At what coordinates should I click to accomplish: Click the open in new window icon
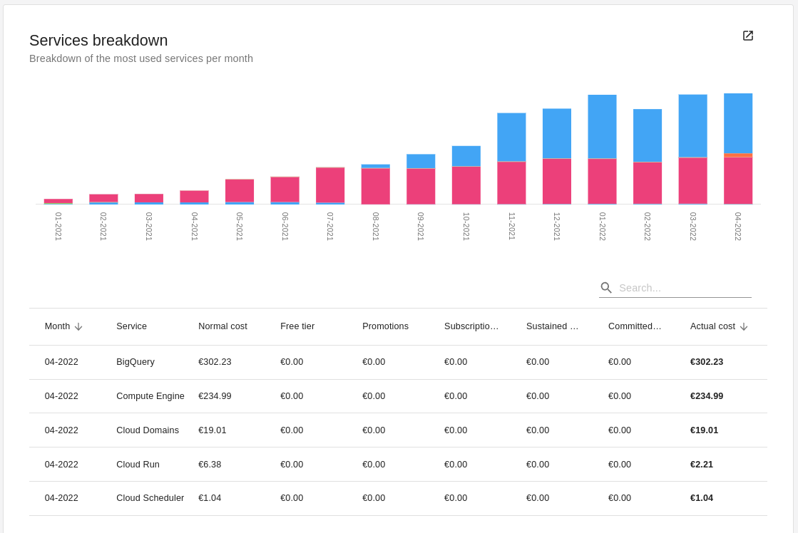pos(747,36)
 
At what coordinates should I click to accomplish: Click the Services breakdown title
pos(98,41)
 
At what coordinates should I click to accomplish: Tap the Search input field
pos(683,288)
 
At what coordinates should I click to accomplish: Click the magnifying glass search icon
pos(606,288)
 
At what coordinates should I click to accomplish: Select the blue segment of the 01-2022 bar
pos(602,126)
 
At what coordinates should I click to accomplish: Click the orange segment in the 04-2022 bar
pos(737,155)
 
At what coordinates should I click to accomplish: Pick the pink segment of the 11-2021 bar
pos(511,182)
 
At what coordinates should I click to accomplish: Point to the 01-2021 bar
pos(58,201)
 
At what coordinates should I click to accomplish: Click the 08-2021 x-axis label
pos(376,226)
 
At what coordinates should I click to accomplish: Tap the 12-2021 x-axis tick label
pos(557,226)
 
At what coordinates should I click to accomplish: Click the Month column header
pos(57,326)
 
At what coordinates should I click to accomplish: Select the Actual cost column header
pos(712,326)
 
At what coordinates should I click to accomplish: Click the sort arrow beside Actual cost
pos(744,326)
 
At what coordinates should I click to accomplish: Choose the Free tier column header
pos(297,326)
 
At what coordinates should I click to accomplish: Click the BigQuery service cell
pos(135,362)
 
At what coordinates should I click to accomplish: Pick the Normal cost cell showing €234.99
pos(215,396)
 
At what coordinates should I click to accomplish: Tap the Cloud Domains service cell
pos(148,430)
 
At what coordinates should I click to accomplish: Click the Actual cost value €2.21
pos(701,465)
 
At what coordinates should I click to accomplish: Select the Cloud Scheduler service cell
pos(150,498)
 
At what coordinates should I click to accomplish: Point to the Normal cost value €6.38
pos(210,465)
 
